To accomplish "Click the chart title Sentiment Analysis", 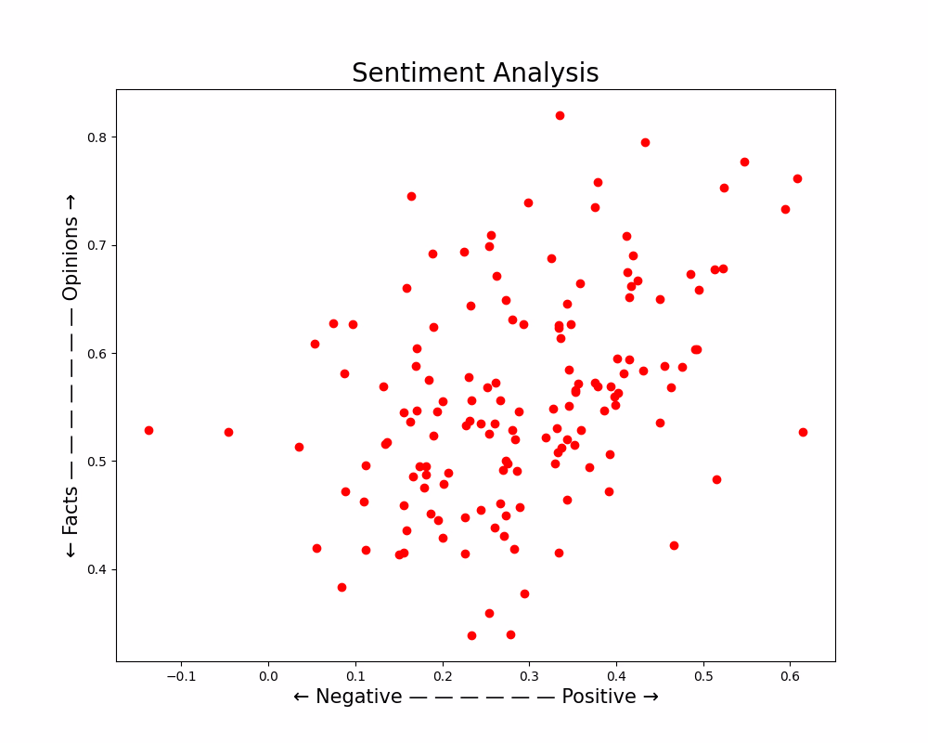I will point(475,73).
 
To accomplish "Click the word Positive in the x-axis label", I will point(599,697).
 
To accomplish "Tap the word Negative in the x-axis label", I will point(359,697).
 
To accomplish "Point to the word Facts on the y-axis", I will point(71,511).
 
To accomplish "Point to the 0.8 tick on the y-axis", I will point(96,137).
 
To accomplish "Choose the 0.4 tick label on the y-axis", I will point(96,569).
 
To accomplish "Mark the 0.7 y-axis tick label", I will point(96,245).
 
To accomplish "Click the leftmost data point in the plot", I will point(148,430).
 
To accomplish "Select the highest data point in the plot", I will point(560,115).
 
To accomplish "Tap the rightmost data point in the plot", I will point(803,432).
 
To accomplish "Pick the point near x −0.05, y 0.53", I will point(228,432).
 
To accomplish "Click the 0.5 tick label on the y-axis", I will point(96,462).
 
